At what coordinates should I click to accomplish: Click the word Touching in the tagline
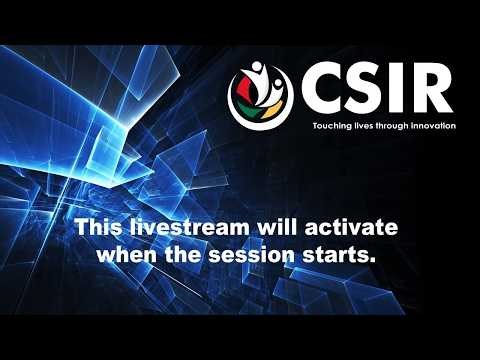(x=329, y=126)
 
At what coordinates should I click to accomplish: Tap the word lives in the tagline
(x=363, y=126)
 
